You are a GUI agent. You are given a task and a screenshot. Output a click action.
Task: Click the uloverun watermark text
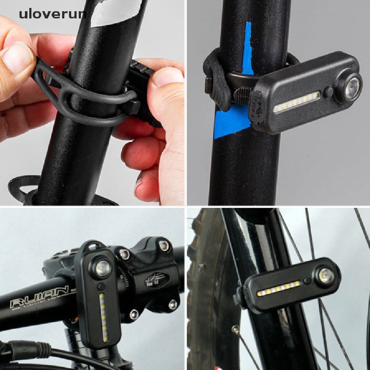point(53,14)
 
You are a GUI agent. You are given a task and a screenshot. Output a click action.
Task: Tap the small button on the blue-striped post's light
point(328,92)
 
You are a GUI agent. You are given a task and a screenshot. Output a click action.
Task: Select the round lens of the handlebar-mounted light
point(102,268)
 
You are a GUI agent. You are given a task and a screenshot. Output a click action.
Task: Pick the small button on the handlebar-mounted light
point(102,286)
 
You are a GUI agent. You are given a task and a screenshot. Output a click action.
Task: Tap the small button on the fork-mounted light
point(307,281)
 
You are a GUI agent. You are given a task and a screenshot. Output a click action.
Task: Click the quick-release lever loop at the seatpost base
point(22,186)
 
